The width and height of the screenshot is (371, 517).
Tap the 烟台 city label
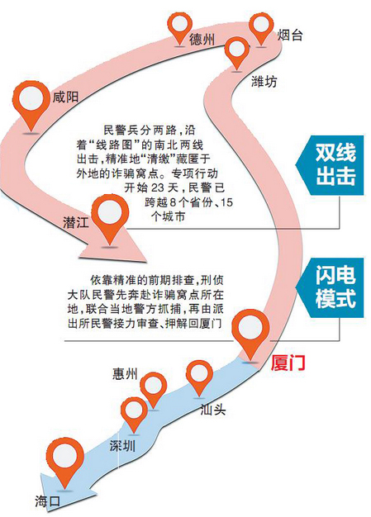coord(289,35)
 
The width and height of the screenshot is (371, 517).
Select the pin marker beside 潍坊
coord(236,54)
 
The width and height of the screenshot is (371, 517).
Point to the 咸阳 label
coord(65,97)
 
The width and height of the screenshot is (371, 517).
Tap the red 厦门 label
coord(288,363)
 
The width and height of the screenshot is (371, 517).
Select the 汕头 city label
coord(213,410)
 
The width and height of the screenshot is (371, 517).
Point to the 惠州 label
coord(125,373)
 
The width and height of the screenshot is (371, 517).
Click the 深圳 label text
coord(122,446)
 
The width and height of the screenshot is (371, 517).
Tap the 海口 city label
coord(47,501)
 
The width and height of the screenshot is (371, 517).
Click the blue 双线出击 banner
coord(330,165)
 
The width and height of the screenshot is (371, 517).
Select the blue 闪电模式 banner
coord(330,287)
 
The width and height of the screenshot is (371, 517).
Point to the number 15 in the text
coord(226,202)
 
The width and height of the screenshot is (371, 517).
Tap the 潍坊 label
coord(264,82)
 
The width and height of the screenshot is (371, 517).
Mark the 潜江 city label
coord(76,222)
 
